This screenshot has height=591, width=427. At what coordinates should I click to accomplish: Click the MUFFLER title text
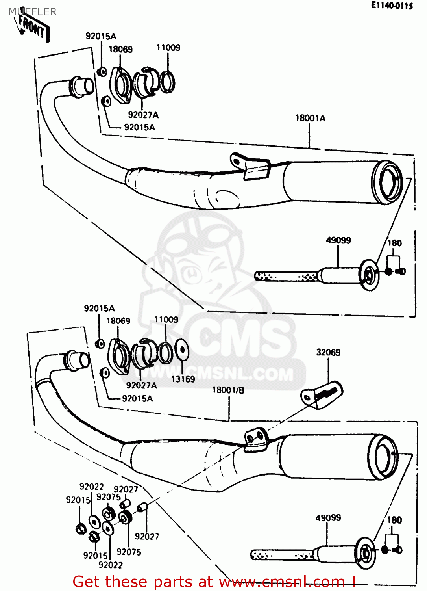click(x=32, y=12)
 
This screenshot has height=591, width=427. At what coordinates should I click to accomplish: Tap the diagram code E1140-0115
click(x=392, y=6)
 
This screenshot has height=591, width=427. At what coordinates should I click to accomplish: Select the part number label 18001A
click(x=310, y=118)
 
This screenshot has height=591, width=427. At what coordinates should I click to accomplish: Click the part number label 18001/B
click(x=228, y=390)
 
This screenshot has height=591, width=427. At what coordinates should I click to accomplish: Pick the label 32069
click(x=328, y=352)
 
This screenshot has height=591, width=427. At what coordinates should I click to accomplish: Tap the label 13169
click(x=183, y=379)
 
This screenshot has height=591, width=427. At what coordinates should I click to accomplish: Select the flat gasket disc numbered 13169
click(x=181, y=350)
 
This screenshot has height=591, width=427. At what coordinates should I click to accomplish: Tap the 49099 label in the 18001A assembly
click(x=338, y=240)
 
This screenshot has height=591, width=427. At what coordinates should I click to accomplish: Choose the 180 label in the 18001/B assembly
click(x=394, y=520)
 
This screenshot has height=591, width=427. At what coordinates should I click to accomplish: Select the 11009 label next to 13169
click(x=166, y=320)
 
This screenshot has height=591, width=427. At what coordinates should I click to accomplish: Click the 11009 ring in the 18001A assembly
click(x=167, y=82)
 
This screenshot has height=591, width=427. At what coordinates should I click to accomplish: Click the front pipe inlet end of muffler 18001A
click(x=82, y=86)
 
